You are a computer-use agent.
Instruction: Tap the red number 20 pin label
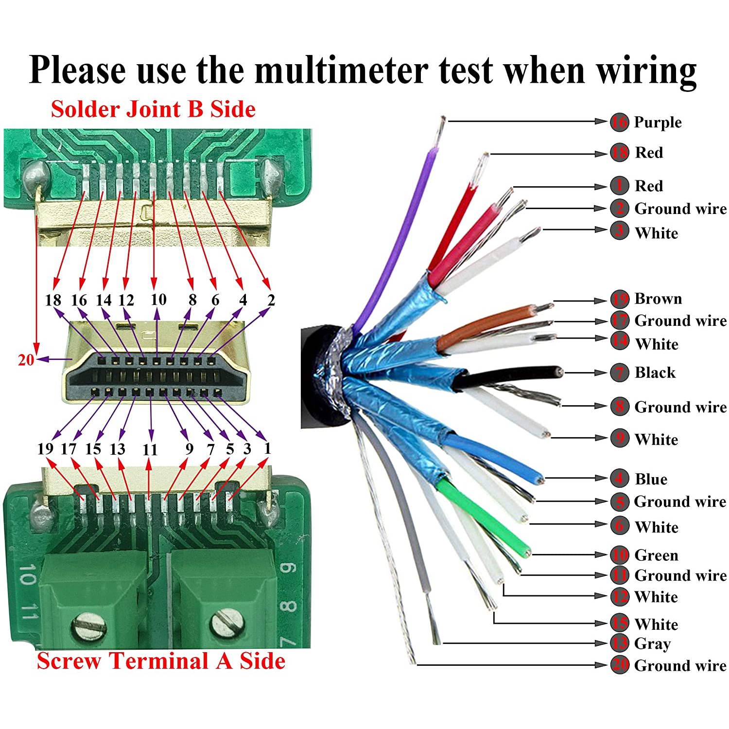(x=26, y=360)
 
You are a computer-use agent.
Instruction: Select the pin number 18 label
(x=53, y=300)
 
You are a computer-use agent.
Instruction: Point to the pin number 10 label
(x=158, y=300)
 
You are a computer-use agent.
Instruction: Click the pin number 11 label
(x=150, y=449)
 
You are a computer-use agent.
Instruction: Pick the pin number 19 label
(x=45, y=448)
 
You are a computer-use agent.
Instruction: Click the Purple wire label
(x=658, y=123)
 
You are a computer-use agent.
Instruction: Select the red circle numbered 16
(x=620, y=122)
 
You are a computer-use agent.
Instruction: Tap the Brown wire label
(x=658, y=299)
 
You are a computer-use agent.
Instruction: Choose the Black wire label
(x=655, y=373)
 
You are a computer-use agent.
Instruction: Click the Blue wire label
(x=651, y=479)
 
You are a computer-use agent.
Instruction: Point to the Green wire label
(x=656, y=555)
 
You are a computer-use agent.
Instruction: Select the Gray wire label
(x=652, y=643)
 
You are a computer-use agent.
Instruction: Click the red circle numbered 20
(x=620, y=665)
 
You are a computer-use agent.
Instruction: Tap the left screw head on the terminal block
(x=89, y=625)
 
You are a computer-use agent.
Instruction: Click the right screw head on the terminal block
(x=226, y=622)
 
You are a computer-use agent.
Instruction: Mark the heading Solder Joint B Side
(x=153, y=109)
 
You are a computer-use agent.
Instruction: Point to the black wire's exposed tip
(x=561, y=373)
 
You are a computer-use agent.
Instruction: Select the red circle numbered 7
(x=620, y=373)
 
